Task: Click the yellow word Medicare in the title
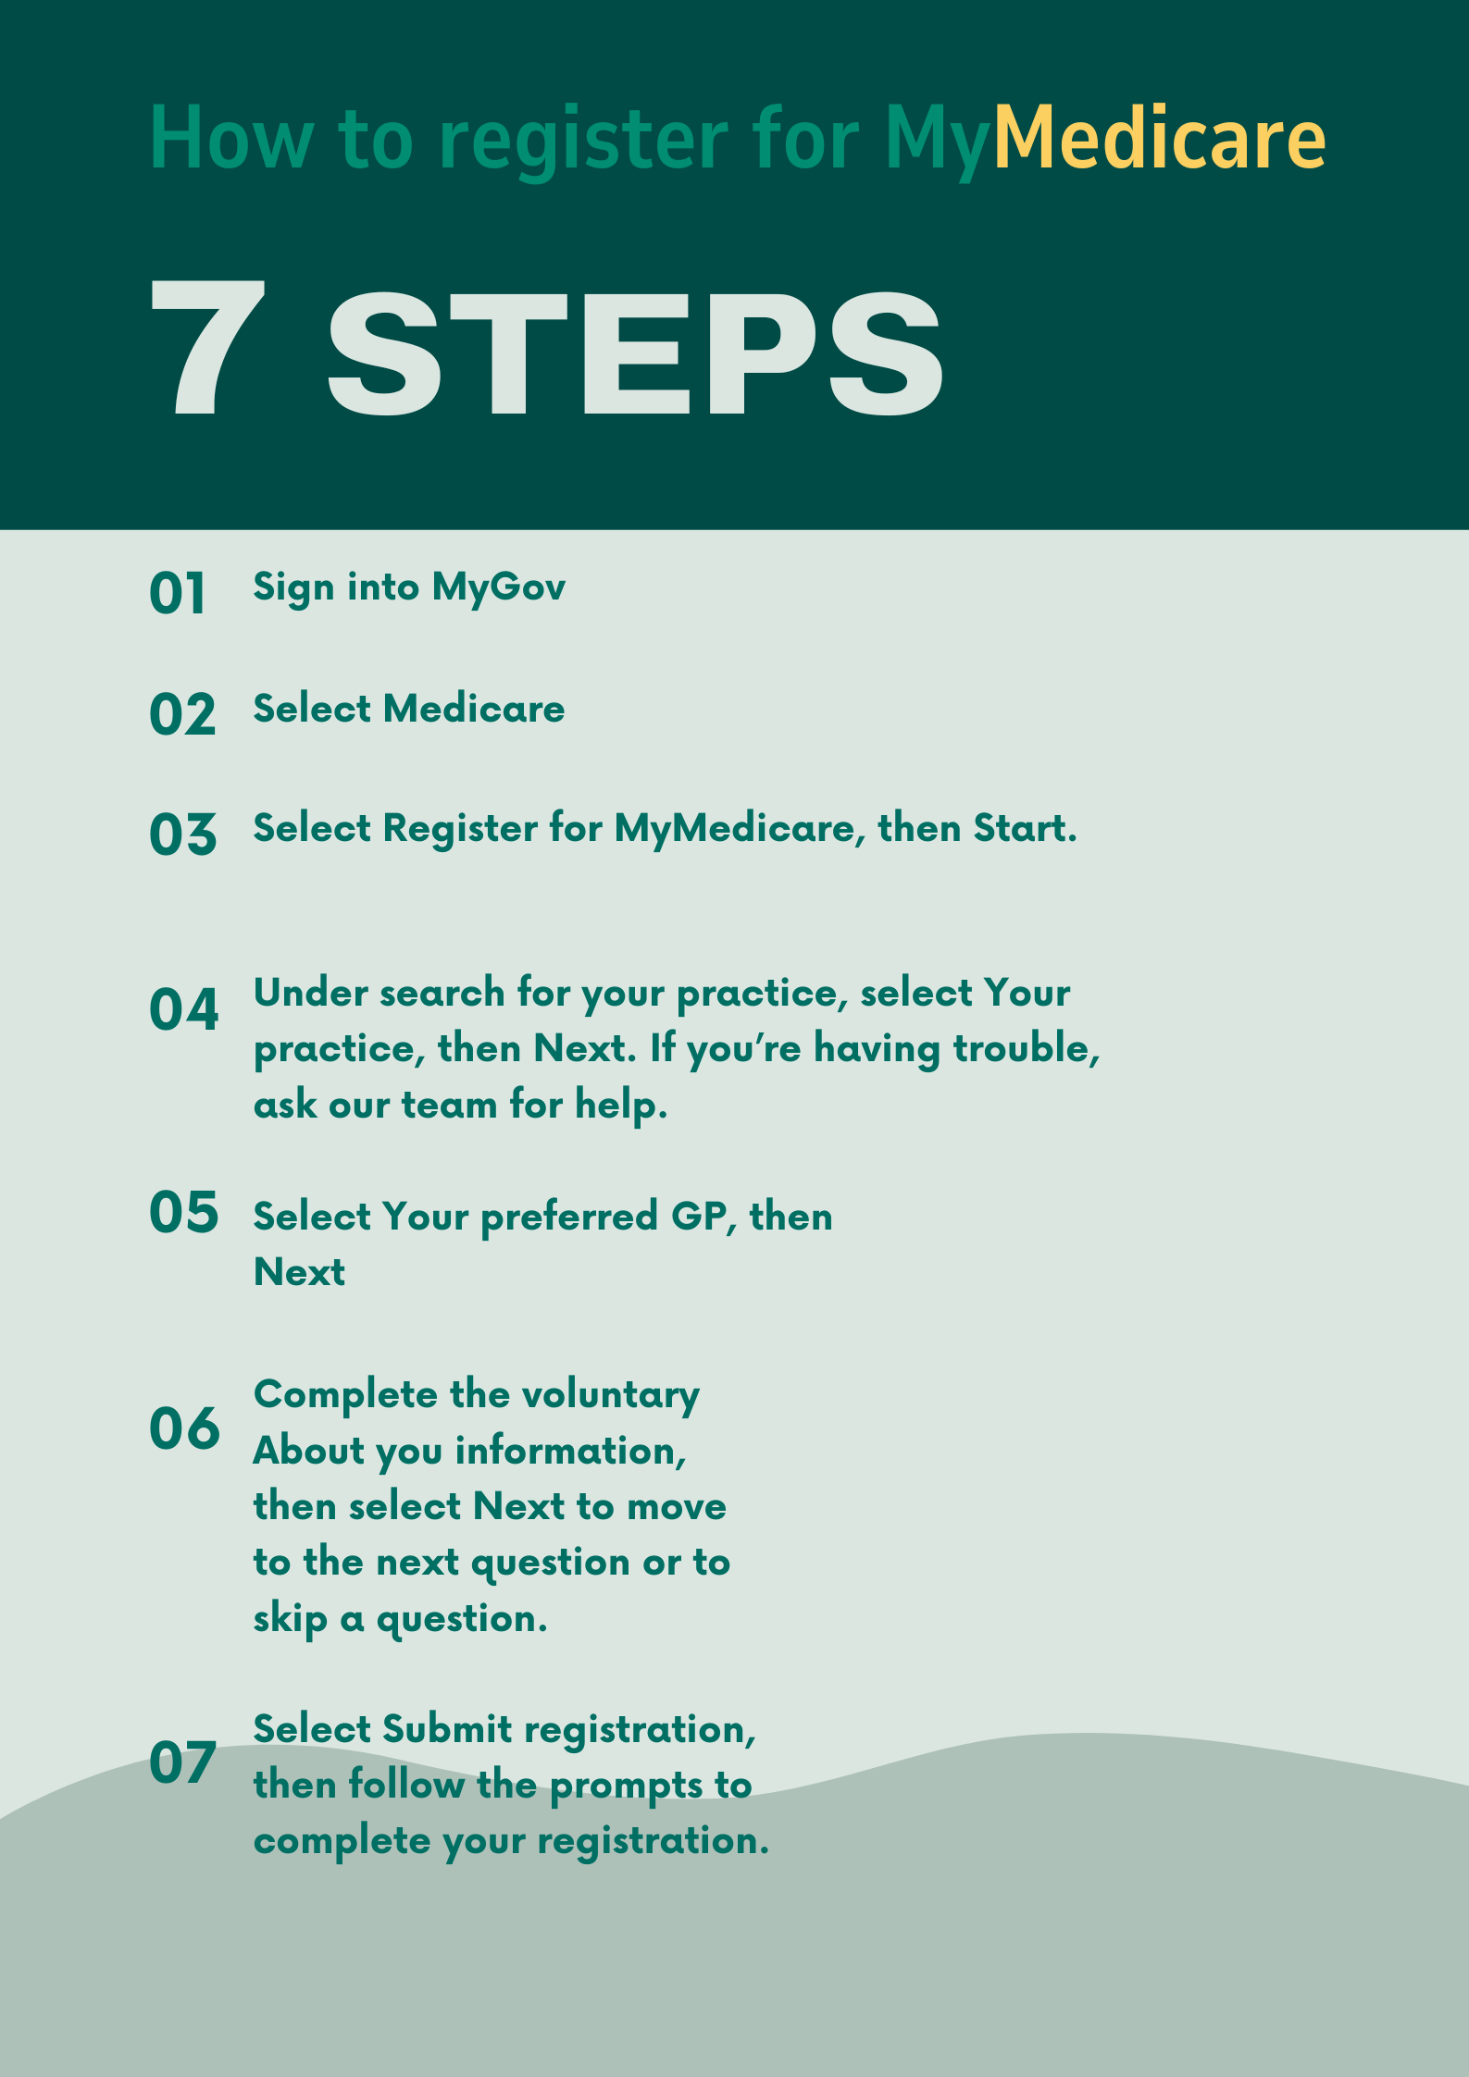[1160, 138]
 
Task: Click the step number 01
[177, 593]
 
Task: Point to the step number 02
[182, 714]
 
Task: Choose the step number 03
[183, 835]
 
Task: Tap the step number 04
[184, 1009]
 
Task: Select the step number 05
[184, 1212]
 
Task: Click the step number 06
[185, 1428]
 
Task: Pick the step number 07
[183, 1762]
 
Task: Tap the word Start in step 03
[1025, 827]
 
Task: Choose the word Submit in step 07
[447, 1728]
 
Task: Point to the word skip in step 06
[290, 1619]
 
